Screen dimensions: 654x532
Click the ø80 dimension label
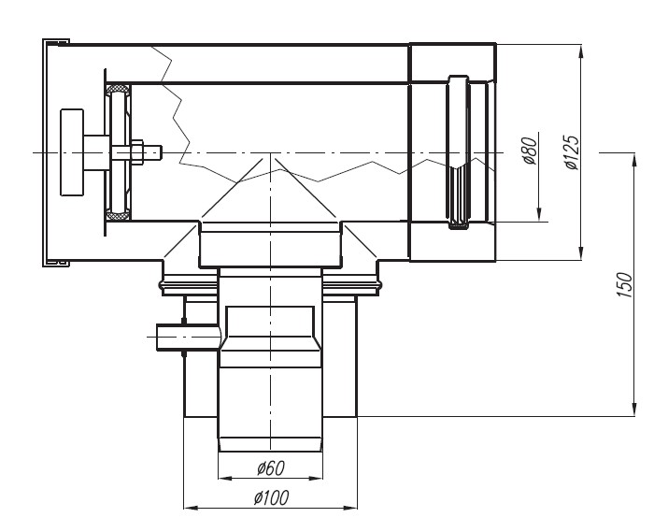coord(530,151)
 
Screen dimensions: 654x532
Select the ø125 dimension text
coord(572,152)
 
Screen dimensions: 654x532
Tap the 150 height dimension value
coord(624,284)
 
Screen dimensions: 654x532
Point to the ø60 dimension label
coord(271,467)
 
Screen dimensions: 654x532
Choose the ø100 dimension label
coord(271,497)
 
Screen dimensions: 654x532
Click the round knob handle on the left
coord(72,152)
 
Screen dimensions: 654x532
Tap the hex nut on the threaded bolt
coord(137,151)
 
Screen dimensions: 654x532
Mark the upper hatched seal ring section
coord(117,89)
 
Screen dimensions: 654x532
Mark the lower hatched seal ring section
coord(117,216)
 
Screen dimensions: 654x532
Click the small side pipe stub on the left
coord(187,337)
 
